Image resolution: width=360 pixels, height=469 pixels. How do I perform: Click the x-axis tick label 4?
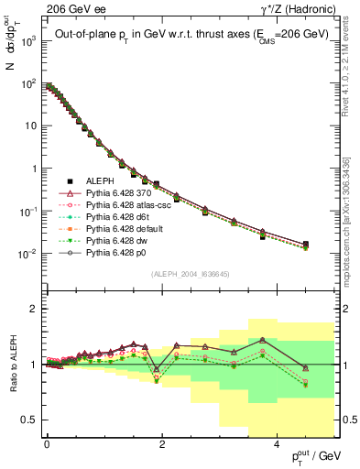(x=277, y=442)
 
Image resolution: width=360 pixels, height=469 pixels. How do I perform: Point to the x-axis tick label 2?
(x=162, y=442)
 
